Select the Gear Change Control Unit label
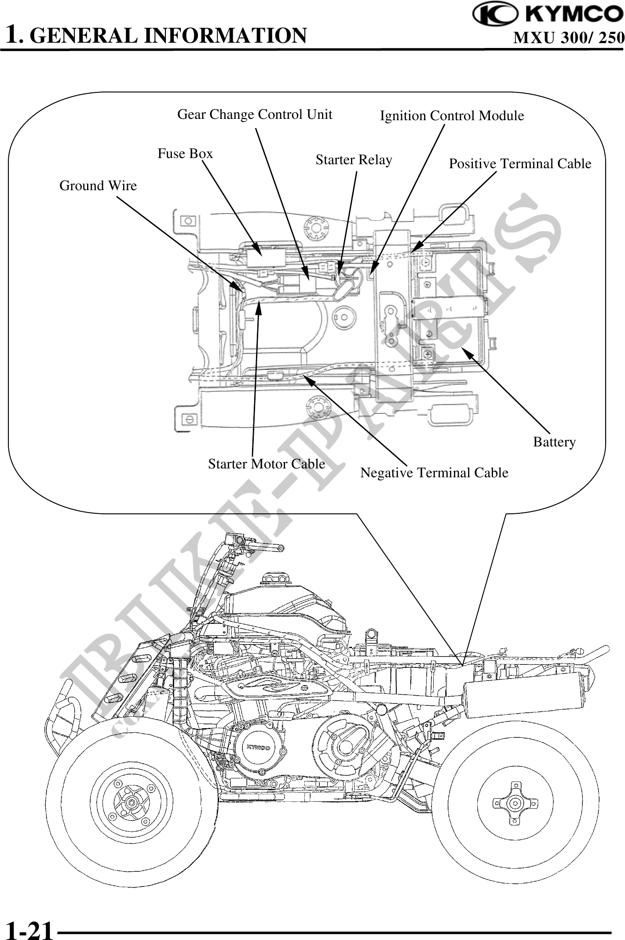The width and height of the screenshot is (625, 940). pyautogui.click(x=255, y=114)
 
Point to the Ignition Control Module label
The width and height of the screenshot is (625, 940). pyautogui.click(x=452, y=116)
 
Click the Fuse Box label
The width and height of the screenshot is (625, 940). pyautogui.click(x=185, y=154)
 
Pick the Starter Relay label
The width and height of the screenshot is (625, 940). pyautogui.click(x=354, y=159)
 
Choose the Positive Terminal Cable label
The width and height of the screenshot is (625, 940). pyautogui.click(x=520, y=164)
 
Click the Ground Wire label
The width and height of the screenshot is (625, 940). pyautogui.click(x=98, y=186)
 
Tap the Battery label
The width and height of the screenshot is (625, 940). pyautogui.click(x=554, y=442)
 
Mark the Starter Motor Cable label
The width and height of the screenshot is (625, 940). pyautogui.click(x=267, y=464)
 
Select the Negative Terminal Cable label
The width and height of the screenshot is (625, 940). pyautogui.click(x=434, y=473)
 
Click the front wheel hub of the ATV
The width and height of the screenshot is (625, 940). pyautogui.click(x=131, y=802)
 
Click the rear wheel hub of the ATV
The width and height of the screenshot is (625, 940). pyautogui.click(x=513, y=803)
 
